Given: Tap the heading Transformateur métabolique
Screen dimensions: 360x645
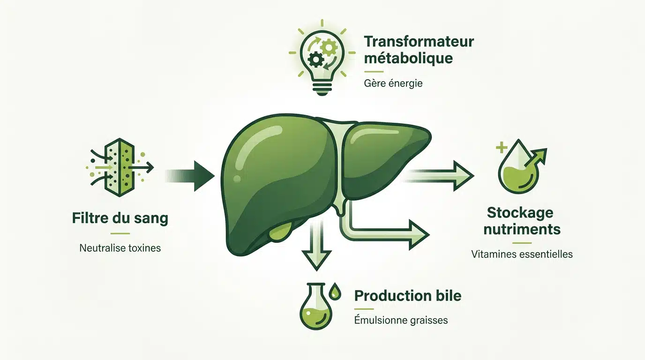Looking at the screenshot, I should [419, 50].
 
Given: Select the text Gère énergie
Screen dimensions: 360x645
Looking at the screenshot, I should [393, 83].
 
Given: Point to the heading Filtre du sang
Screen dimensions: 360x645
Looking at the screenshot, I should [120, 218].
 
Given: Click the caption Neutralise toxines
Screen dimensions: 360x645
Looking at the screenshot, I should [120, 248].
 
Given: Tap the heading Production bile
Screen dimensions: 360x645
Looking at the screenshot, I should [407, 296].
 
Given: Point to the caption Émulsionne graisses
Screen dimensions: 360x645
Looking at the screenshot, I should [401, 321].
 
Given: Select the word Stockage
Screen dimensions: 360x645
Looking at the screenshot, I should [520, 213].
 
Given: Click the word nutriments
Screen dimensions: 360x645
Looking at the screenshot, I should [522, 229].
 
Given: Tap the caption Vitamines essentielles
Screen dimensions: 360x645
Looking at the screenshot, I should [522, 255].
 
